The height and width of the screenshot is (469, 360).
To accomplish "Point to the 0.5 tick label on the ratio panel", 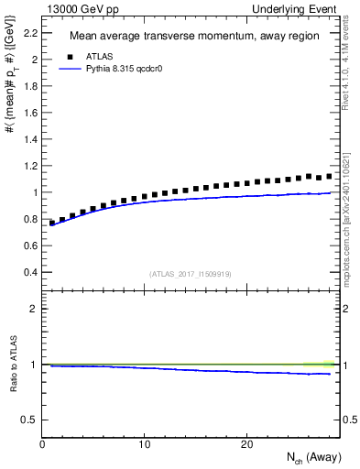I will [x=27, y=420].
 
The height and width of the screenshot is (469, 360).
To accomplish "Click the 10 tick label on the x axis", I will [x=144, y=444].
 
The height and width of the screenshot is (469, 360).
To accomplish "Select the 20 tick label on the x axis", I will [x=245, y=444].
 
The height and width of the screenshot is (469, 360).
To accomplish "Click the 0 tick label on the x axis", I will [x=42, y=444].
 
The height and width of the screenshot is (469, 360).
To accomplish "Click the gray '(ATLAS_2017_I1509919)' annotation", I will [x=191, y=274].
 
